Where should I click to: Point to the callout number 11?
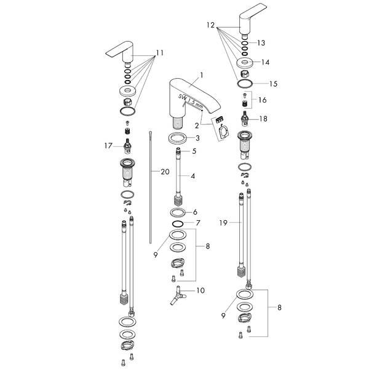click(x=161, y=54)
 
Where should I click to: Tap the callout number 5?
click(x=194, y=151)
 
